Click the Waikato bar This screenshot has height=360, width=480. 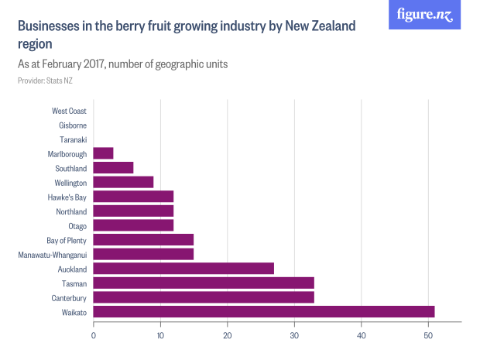263,311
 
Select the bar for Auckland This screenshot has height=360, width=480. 183,269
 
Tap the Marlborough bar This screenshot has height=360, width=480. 103,153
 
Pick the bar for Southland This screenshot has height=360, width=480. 113,168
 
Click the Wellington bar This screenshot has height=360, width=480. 123,182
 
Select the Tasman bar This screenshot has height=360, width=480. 204,283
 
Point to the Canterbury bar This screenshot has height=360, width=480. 204,297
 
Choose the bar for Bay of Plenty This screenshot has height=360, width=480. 143,240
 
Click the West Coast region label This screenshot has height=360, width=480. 69,111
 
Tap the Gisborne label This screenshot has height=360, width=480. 73,125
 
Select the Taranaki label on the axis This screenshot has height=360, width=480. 73,139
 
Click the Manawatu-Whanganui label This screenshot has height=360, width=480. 53,254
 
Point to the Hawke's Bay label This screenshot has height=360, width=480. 67,197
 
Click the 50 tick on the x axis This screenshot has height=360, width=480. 428,334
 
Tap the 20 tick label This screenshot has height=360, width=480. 227,334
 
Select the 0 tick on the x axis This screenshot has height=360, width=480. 93,334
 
